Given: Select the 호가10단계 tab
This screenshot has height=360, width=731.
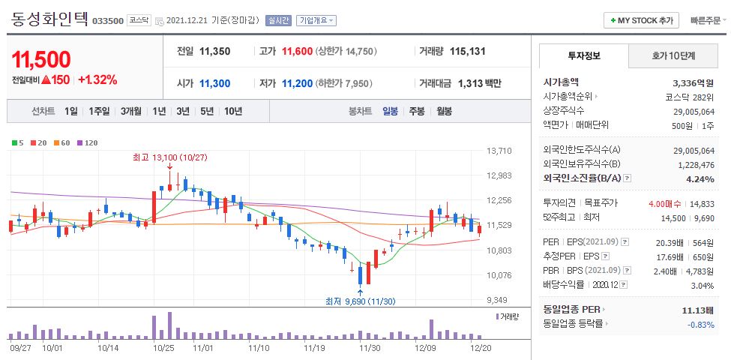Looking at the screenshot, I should (673, 56).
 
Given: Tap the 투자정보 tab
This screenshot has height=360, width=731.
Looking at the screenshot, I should (584, 56).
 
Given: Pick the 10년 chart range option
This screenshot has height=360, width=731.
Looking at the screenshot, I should (232, 111).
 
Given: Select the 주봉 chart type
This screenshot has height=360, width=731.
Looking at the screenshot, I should (416, 111).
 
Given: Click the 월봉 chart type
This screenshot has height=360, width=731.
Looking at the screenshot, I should (444, 111).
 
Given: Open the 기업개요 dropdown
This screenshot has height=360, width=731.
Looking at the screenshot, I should (316, 21).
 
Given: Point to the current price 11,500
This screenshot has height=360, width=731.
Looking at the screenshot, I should (41, 59).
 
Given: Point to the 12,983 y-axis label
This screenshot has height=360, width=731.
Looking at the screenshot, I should (499, 175).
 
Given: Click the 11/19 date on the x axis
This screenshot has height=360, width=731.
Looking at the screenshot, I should (315, 348).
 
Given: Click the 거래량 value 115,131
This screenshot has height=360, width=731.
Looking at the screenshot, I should (468, 52).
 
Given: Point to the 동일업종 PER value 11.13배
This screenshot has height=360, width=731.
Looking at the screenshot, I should (699, 310).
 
